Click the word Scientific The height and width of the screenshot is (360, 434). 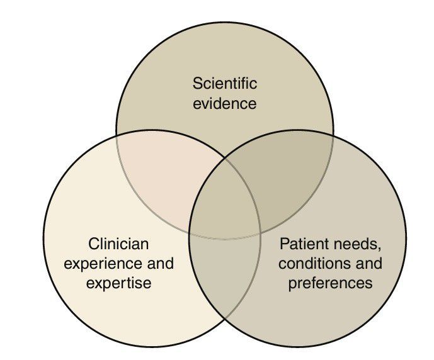coord(225,83)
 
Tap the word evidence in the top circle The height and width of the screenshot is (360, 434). coord(225,103)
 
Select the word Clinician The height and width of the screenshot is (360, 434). coord(119,244)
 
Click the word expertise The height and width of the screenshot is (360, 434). coord(119,283)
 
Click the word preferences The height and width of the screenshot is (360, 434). coord(330,283)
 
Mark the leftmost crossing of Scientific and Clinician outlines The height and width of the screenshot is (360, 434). coord(117,135)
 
